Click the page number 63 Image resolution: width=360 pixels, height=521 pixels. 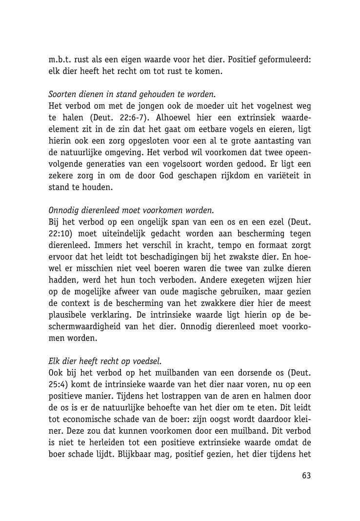[306, 475]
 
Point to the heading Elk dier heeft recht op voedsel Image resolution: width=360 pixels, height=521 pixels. [105, 361]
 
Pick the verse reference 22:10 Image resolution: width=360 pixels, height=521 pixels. [60, 234]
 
